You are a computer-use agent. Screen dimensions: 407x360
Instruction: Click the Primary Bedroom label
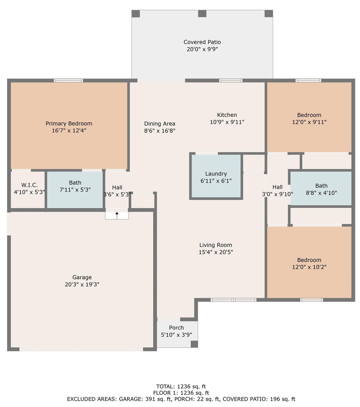(69, 123)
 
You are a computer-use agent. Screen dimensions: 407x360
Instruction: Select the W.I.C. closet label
(29, 185)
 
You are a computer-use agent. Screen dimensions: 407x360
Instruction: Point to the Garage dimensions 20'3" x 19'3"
(82, 285)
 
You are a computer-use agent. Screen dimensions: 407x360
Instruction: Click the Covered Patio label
(202, 42)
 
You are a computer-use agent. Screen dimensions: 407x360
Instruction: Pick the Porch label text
(176, 327)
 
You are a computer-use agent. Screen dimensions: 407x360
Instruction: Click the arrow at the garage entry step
(117, 214)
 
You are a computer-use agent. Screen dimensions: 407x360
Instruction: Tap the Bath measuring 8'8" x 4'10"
(321, 189)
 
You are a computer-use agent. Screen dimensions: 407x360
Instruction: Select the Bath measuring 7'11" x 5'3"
(75, 186)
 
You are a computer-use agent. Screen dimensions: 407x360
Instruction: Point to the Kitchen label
(227, 115)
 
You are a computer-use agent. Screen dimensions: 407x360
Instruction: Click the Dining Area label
(160, 123)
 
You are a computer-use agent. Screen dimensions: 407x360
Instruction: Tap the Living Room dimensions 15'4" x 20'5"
(216, 252)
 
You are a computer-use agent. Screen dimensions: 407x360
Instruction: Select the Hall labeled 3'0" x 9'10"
(277, 190)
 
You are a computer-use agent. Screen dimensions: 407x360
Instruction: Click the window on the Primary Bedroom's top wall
(69, 81)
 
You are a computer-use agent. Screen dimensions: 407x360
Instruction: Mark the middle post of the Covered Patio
(202, 14)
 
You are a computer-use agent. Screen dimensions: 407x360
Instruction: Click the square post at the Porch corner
(194, 344)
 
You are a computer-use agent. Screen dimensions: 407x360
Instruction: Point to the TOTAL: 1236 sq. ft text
(181, 387)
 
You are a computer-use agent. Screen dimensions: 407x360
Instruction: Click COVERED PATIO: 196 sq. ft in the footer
(259, 399)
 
